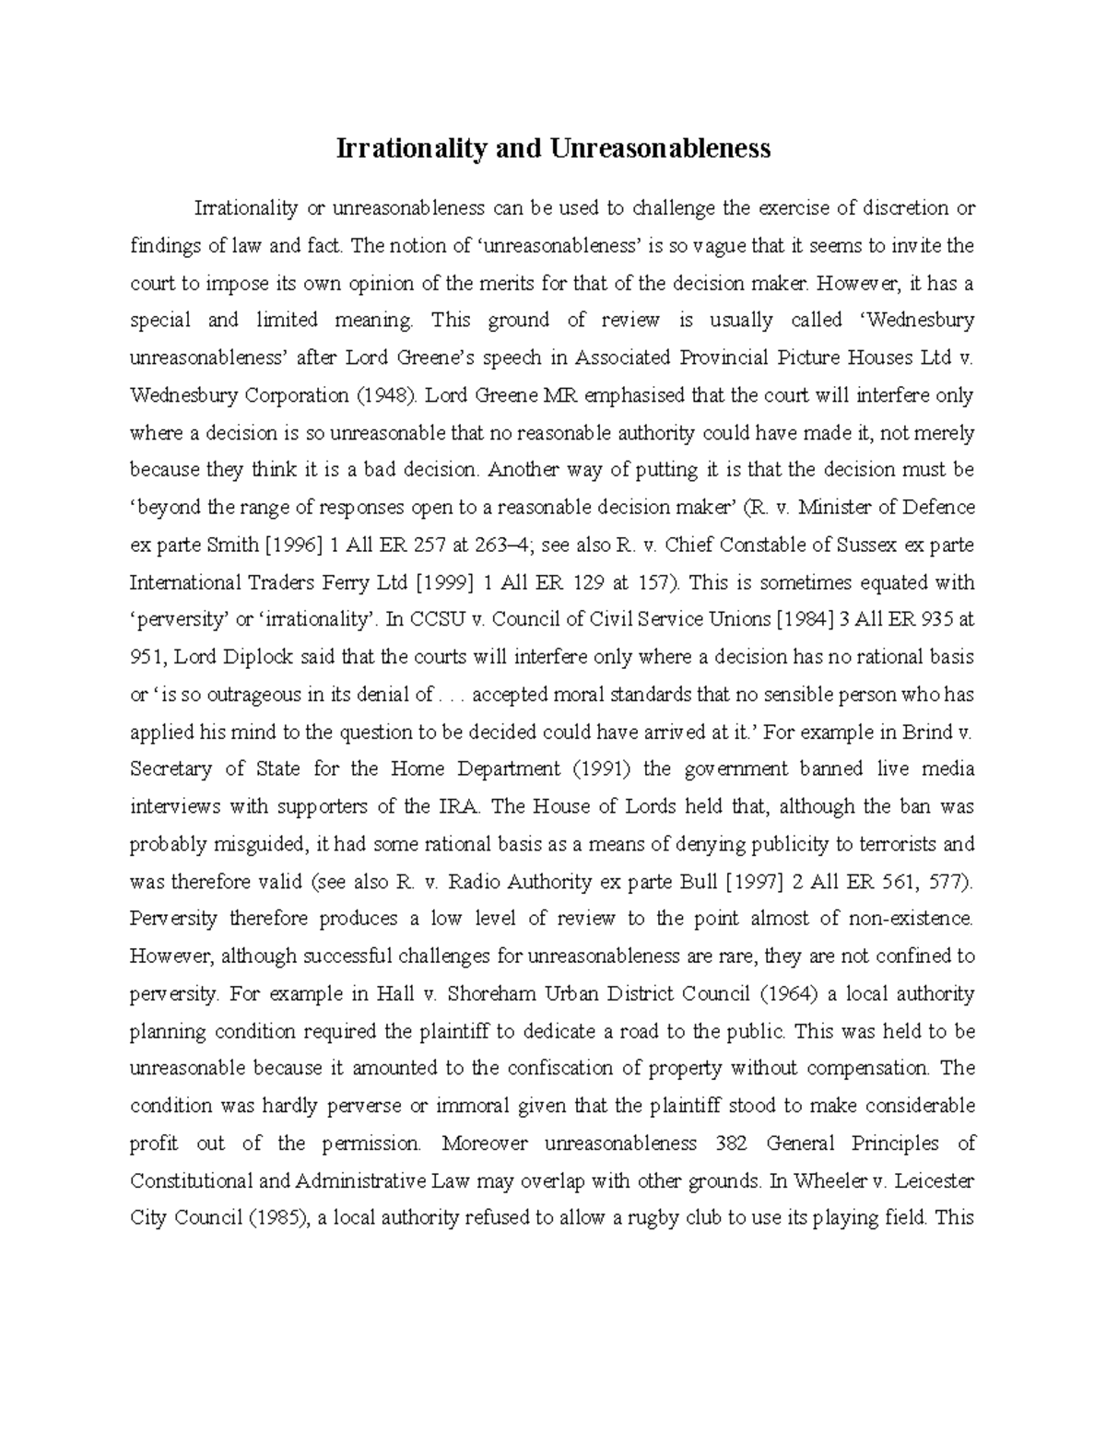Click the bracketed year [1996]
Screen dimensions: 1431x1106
click(x=293, y=545)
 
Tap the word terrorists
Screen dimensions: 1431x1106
click(x=895, y=844)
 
